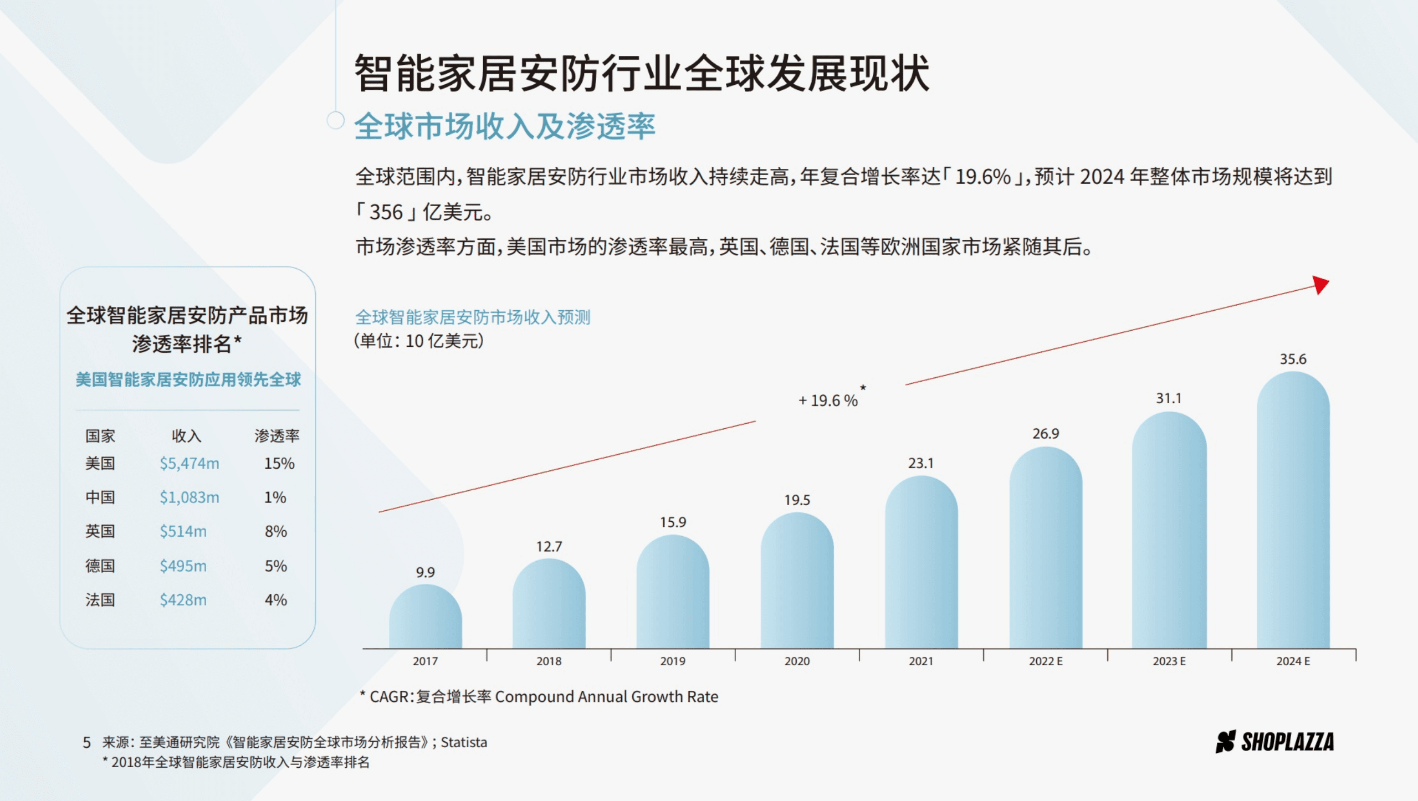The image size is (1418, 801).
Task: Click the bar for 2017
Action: coord(425,618)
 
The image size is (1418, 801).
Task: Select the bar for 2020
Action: coord(797,582)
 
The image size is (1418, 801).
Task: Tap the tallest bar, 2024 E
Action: coord(1293,510)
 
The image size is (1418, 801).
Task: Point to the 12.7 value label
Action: coord(549,547)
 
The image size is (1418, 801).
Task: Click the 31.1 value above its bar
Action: coord(1169,398)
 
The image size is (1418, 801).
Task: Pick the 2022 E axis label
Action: coord(1046,661)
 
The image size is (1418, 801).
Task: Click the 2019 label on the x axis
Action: coord(673,661)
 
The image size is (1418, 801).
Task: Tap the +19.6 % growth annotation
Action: coord(828,400)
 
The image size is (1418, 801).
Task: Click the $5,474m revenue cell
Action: coord(190,463)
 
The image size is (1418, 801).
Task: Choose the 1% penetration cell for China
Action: coord(275,497)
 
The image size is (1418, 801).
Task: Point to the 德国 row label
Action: coord(100,566)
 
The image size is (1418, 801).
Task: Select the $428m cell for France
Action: coord(183,600)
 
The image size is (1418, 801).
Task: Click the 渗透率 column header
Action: coord(277,436)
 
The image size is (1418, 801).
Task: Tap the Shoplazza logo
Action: coord(1274,742)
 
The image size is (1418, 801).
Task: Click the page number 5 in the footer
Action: coord(87,742)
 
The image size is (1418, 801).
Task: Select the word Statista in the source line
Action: coord(464,742)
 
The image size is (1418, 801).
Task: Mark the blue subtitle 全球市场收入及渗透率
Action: coord(505,126)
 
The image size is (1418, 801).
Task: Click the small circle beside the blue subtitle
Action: coord(335,120)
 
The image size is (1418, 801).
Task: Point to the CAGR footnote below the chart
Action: coord(539,696)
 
